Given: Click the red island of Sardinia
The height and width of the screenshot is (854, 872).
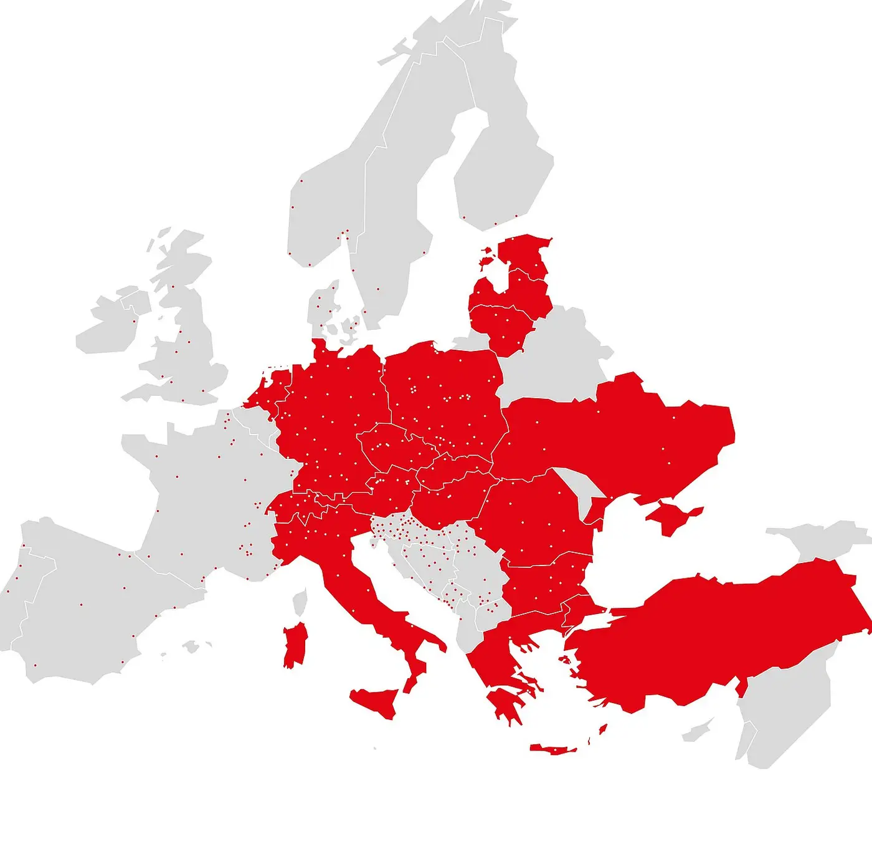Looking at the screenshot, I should point(295,645).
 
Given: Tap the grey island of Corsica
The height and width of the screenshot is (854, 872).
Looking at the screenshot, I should point(300,602).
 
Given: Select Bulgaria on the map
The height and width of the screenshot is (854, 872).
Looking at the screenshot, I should point(545,586).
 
